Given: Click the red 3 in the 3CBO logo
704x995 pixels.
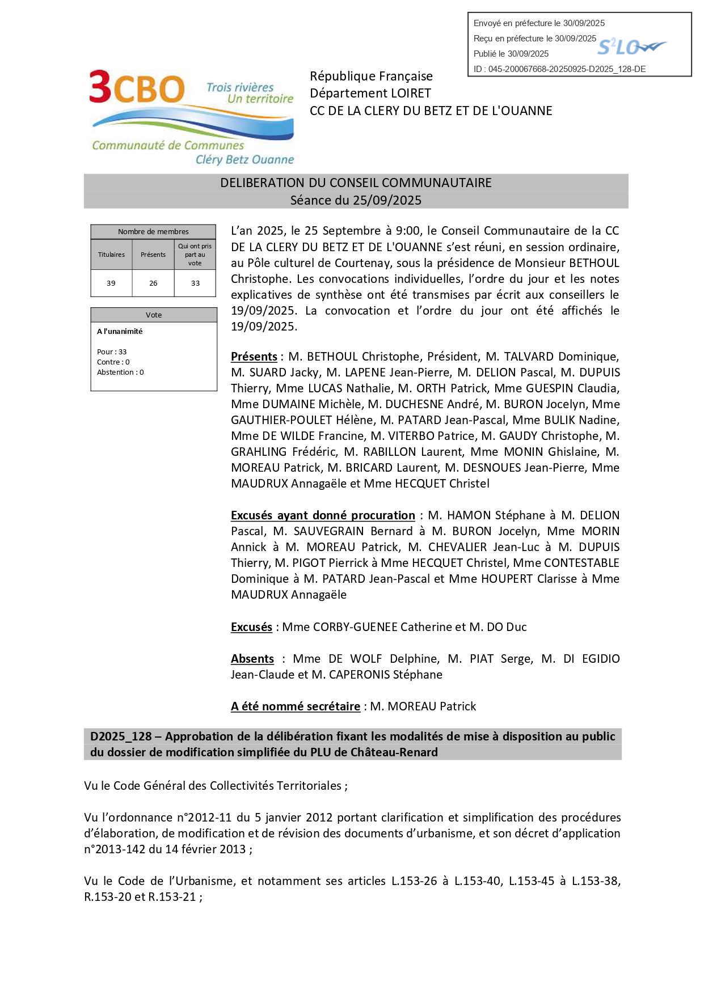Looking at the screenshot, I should coord(100,87).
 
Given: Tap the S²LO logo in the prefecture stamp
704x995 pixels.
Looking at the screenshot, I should coord(631,47).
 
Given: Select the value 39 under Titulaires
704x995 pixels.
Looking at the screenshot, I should coord(111,283).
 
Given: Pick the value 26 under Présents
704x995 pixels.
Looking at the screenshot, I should coord(153,283).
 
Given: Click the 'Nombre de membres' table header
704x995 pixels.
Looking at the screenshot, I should coord(153,231).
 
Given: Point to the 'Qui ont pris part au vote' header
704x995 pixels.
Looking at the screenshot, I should coord(195,255).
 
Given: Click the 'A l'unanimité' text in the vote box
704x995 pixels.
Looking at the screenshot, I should coord(120,331).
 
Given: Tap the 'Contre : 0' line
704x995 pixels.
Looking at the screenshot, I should coord(113,362).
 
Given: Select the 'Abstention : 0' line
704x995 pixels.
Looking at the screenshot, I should coord(120,372).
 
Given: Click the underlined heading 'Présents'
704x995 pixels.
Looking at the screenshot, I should coord(254,357).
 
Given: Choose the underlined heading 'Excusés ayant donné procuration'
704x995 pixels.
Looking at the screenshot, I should coord(323,515).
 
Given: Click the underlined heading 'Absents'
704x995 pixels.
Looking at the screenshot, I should coord(252,659).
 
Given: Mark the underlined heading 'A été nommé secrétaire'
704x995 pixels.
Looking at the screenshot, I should coord(295,706).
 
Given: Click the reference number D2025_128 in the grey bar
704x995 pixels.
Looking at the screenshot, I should coord(121,736).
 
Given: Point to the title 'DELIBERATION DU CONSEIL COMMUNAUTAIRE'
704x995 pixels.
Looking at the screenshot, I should coord(356,183).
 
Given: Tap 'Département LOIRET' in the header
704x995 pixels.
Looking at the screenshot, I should coord(370,94).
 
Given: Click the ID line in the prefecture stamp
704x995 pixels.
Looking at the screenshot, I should coord(559,69).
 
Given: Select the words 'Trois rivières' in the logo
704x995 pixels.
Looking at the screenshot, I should coord(239,87).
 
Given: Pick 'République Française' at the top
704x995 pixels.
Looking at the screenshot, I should coord(371,76).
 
